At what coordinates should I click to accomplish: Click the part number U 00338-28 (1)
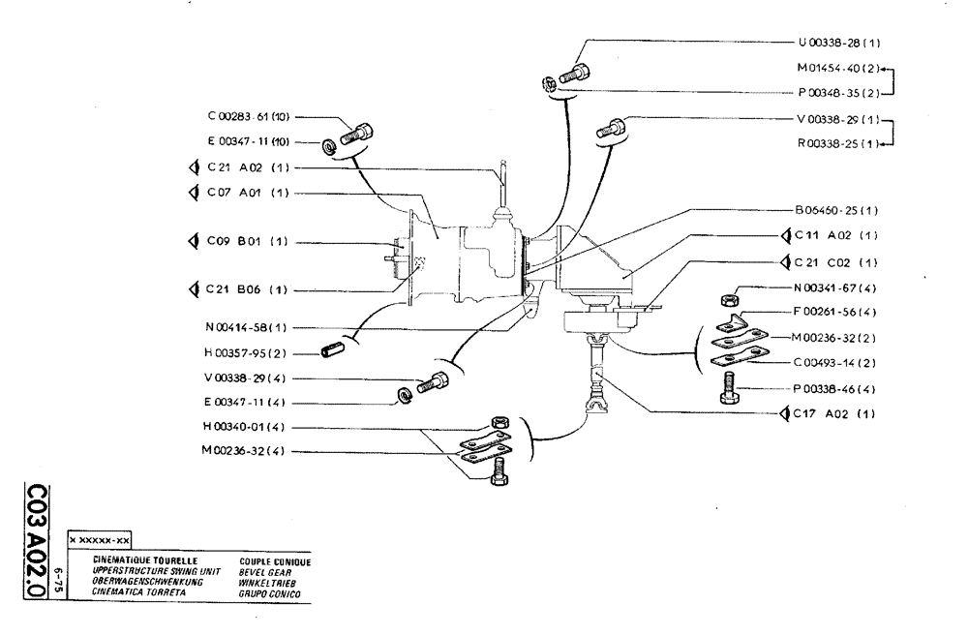(x=837, y=44)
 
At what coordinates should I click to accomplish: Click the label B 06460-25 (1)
(x=837, y=210)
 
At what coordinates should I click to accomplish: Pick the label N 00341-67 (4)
(x=837, y=287)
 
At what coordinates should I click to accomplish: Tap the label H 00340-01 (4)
(x=248, y=427)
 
